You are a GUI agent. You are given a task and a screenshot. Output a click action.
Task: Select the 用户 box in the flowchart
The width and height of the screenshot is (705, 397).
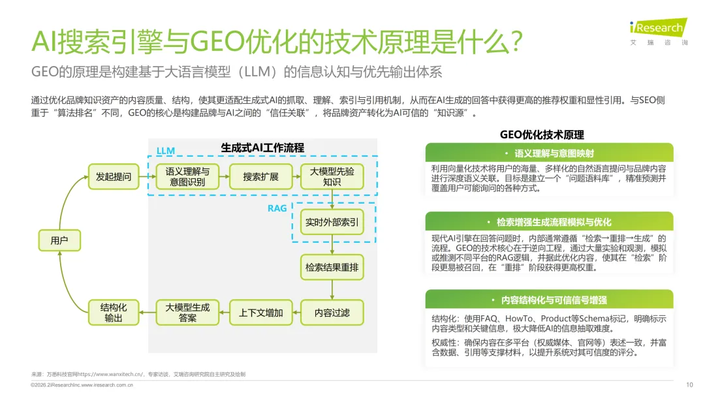click(x=59, y=241)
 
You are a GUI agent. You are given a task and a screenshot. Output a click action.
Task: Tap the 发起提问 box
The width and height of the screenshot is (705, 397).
click(x=114, y=176)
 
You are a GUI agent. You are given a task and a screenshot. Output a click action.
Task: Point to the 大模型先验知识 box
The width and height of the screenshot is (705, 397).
click(x=332, y=176)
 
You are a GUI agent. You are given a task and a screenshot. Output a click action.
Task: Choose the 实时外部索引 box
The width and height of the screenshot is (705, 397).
click(x=332, y=223)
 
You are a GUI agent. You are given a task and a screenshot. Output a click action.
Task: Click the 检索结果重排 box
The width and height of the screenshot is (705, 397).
click(x=332, y=267)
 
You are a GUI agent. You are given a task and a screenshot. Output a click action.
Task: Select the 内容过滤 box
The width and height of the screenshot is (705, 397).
click(x=332, y=313)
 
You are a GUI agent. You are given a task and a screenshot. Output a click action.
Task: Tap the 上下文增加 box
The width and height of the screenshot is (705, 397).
click(x=260, y=313)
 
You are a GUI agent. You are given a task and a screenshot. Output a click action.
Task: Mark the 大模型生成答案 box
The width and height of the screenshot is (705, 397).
click(x=187, y=313)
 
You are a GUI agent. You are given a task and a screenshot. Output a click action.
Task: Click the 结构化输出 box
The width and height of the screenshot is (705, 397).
click(x=114, y=313)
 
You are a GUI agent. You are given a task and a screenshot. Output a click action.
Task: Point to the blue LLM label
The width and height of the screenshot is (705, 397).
click(x=166, y=151)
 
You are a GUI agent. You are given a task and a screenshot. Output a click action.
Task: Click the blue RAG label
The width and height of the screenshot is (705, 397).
click(x=277, y=208)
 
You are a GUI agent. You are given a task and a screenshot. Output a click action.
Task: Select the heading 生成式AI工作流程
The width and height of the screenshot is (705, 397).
click(x=262, y=148)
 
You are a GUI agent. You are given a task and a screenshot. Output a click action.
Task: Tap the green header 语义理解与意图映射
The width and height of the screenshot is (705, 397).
click(x=549, y=153)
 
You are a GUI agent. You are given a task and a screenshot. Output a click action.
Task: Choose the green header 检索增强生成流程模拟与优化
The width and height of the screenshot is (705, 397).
click(x=549, y=222)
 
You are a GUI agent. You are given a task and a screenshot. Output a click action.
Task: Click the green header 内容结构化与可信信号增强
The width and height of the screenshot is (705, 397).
click(x=549, y=300)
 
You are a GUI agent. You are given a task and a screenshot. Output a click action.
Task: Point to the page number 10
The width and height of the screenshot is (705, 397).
click(x=690, y=385)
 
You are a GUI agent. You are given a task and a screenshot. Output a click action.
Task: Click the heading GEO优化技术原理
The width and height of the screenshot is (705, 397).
click(x=542, y=135)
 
